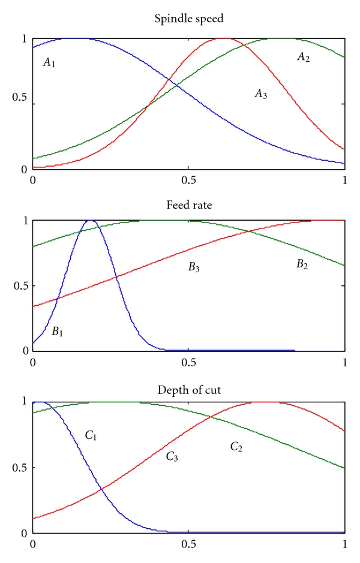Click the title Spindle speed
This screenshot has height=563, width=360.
click(x=188, y=19)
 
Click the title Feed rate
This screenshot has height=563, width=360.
click(x=188, y=206)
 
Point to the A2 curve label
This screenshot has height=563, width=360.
click(x=303, y=57)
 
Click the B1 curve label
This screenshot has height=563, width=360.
click(x=58, y=331)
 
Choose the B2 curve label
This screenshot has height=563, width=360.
click(x=302, y=264)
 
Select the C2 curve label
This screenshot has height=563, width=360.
click(x=236, y=447)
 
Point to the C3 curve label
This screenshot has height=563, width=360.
click(x=173, y=457)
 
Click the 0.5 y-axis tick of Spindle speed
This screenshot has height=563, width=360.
click(x=20, y=104)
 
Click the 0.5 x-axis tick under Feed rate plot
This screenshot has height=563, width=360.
click(x=188, y=362)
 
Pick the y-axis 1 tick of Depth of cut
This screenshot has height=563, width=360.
click(x=25, y=402)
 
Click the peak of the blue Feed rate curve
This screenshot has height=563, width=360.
click(x=91, y=221)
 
